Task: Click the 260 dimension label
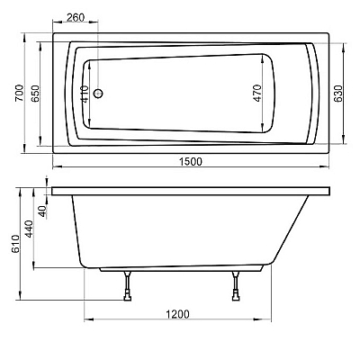click(x=76, y=17)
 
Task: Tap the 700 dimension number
click(x=20, y=93)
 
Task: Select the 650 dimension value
click(x=35, y=94)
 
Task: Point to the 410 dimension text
click(x=85, y=94)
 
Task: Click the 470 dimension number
click(x=257, y=94)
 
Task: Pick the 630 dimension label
click(x=338, y=94)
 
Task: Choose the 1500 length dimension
click(x=191, y=161)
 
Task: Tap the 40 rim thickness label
click(x=43, y=211)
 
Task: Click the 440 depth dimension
click(x=29, y=229)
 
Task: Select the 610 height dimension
click(x=15, y=244)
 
